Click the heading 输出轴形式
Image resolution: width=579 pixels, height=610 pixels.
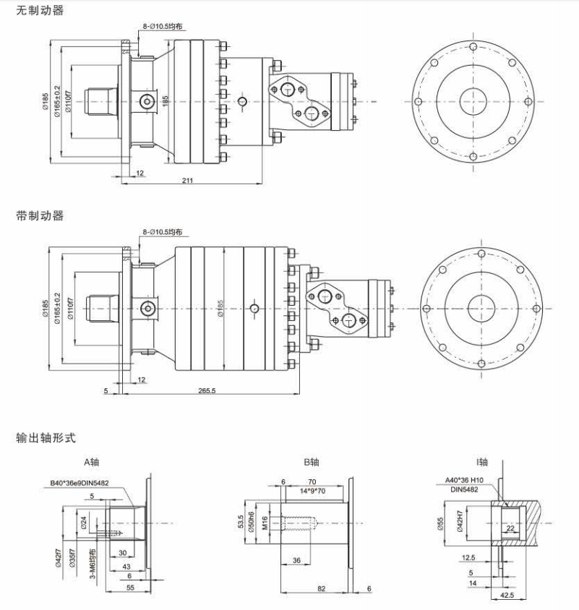(x=46, y=437)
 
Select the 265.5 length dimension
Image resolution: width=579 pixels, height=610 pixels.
(x=207, y=390)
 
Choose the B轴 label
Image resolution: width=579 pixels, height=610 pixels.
(x=311, y=462)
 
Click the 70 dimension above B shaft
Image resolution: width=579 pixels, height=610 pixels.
(x=313, y=481)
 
